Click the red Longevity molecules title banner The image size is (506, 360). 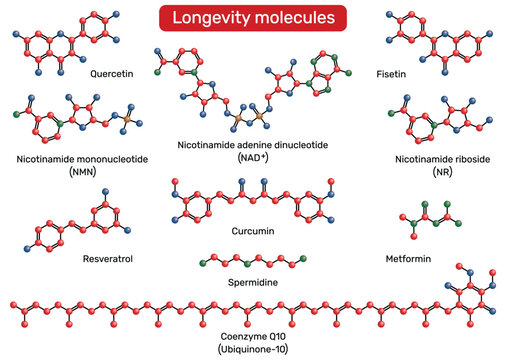tap(252, 18)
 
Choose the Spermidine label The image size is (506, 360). tap(252, 282)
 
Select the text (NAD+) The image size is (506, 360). tap(252, 159)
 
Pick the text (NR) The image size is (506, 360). tap(442, 173)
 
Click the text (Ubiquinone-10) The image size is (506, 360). tap(252, 348)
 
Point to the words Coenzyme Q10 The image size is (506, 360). tap(252, 335)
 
